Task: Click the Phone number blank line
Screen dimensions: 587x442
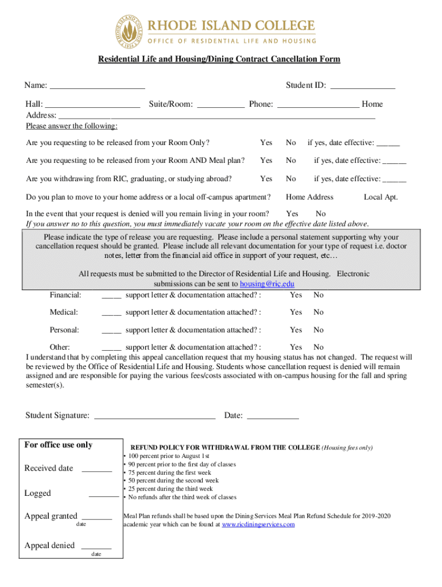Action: point(318,105)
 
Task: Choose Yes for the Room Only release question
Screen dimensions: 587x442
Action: point(266,143)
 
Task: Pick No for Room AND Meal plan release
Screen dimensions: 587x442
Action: point(291,161)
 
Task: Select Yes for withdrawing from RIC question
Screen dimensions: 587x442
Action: point(266,179)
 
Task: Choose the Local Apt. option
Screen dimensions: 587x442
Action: point(381,197)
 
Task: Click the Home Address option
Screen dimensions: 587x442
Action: point(309,197)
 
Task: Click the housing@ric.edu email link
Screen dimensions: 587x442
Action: point(267,284)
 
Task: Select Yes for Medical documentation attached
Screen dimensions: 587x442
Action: point(296,312)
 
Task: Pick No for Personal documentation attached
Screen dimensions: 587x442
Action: point(319,330)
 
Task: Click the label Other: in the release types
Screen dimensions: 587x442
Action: point(60,347)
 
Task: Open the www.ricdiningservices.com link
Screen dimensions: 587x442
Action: point(258,525)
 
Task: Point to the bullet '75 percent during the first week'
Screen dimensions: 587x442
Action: point(169,473)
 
